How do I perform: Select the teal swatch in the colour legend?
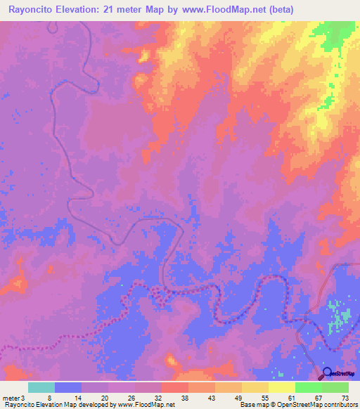point(41,387)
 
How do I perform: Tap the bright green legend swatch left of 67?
point(308,387)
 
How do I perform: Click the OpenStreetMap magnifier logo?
point(326,373)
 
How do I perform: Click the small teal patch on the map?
point(339,313)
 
